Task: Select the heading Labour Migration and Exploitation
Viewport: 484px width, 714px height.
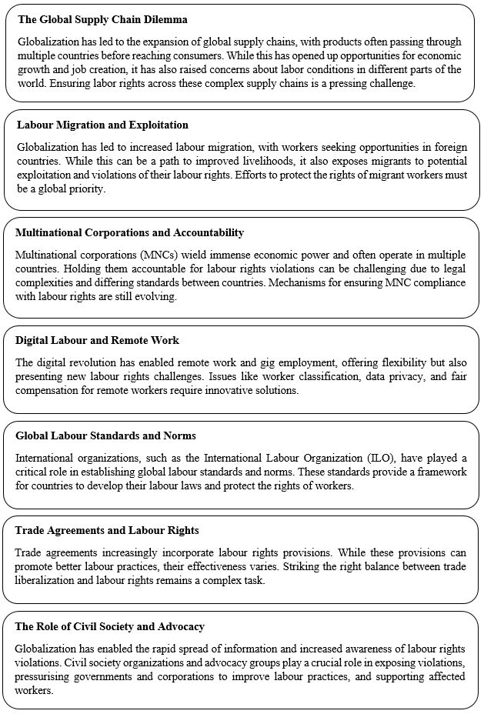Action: [x=102, y=125]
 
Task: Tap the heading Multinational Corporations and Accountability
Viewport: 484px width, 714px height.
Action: [x=129, y=232]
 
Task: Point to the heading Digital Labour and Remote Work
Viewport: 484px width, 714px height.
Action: [x=97, y=341]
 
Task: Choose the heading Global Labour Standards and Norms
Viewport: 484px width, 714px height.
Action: [x=105, y=436]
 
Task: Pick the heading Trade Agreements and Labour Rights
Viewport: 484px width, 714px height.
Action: [x=107, y=531]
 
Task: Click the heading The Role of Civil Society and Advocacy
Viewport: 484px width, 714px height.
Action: [x=110, y=627]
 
